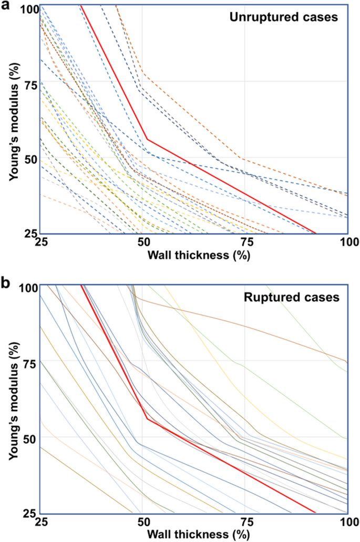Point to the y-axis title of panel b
13,400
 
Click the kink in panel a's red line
147,139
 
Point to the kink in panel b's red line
147,418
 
